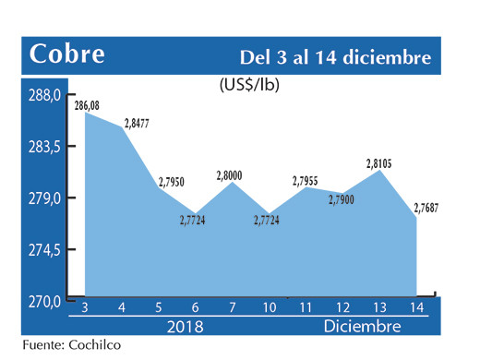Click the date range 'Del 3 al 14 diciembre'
tap(335, 57)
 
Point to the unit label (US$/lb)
tap(249, 86)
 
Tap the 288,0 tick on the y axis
tap(43, 95)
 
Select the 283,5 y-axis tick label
tap(43, 147)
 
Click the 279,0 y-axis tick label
tap(43, 198)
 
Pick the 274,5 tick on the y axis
tap(43, 250)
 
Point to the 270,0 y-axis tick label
tap(43, 301)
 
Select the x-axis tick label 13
tap(380, 306)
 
